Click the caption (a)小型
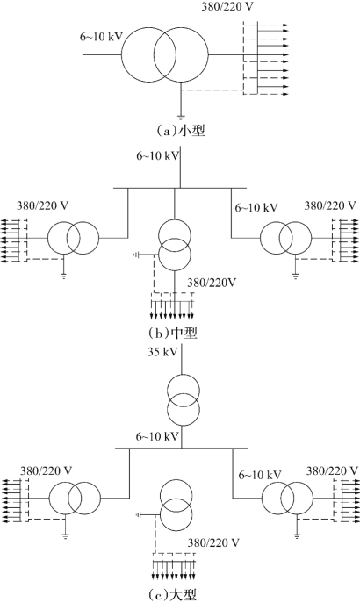point(179,131)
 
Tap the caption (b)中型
point(173,333)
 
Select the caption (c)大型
point(173,595)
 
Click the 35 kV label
point(162,352)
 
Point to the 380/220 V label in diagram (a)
point(227,6)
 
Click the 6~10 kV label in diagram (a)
point(101,37)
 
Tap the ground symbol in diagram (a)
point(180,116)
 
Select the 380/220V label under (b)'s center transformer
point(211,283)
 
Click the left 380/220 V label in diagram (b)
point(42,205)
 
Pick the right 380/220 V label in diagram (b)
point(330,205)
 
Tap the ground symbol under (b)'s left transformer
point(64,276)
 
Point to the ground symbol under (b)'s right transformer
point(295,276)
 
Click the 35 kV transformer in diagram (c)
point(184,399)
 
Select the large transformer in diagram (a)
point(165,54)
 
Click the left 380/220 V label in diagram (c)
point(47,470)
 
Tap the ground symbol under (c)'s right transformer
point(297,535)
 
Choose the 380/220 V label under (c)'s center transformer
point(213,542)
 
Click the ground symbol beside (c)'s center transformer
point(139,514)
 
